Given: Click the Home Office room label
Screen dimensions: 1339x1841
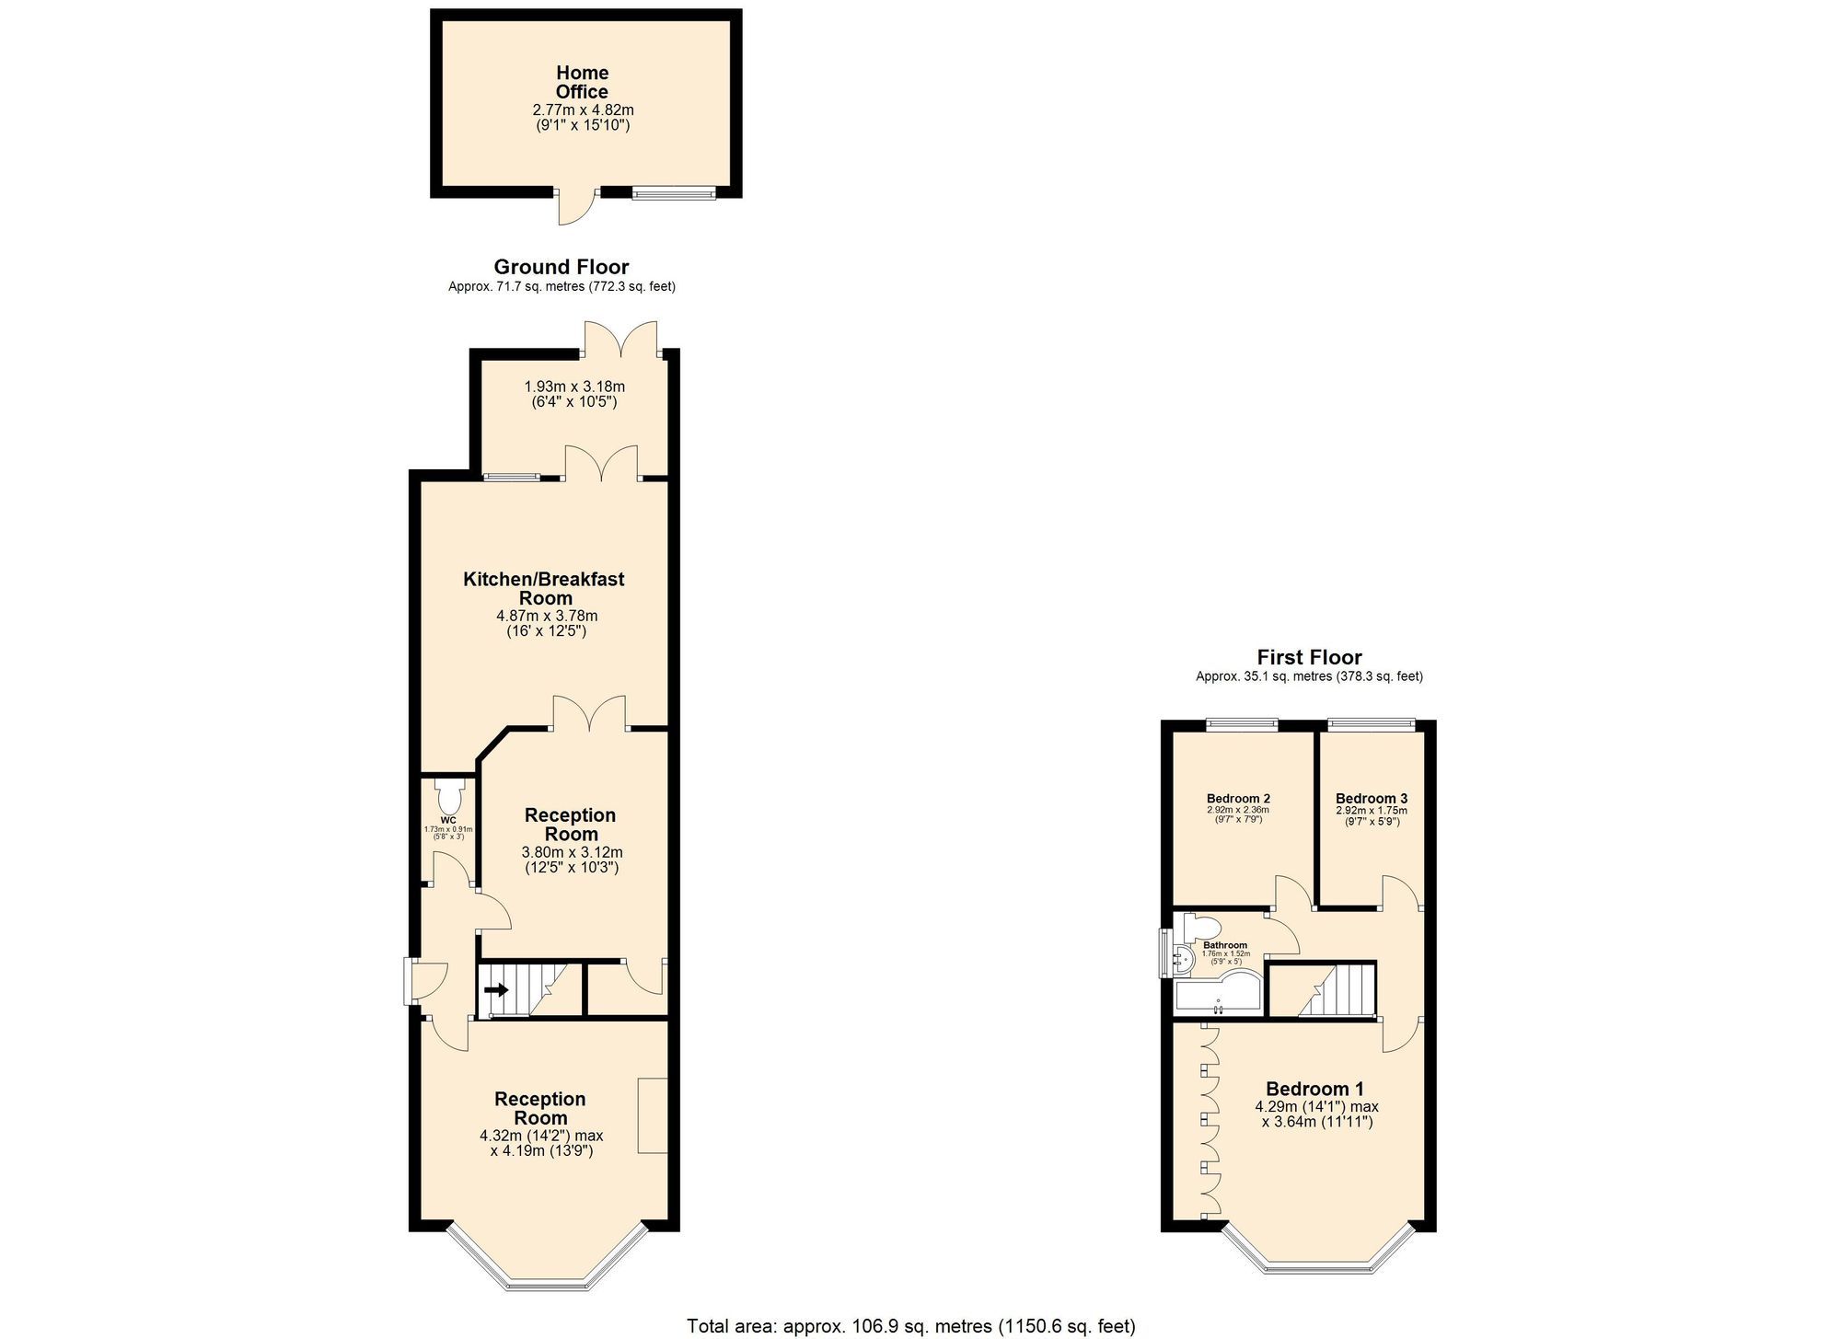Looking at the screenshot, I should (x=582, y=82).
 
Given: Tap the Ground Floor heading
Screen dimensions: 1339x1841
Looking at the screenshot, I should (x=562, y=267).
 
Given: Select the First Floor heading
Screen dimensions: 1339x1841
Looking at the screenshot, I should (x=1309, y=657).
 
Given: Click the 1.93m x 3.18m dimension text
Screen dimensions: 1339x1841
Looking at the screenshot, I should (x=574, y=387).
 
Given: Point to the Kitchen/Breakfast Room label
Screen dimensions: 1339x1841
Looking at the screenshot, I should (x=544, y=588).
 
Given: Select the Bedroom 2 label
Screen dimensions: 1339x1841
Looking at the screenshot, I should (x=1238, y=798).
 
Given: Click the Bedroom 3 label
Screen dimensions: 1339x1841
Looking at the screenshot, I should (x=1371, y=798).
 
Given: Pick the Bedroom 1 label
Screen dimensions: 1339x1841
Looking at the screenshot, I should (x=1314, y=1089).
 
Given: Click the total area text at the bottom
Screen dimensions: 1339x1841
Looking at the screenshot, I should (x=910, y=1326).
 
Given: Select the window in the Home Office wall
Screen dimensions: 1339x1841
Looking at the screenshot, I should (x=673, y=192).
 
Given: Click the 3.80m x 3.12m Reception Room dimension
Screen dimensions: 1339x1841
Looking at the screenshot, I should (x=572, y=852).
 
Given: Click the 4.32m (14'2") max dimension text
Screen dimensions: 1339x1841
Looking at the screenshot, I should (x=541, y=1136).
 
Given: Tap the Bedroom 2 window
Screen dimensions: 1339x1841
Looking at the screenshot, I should (x=1242, y=724).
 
